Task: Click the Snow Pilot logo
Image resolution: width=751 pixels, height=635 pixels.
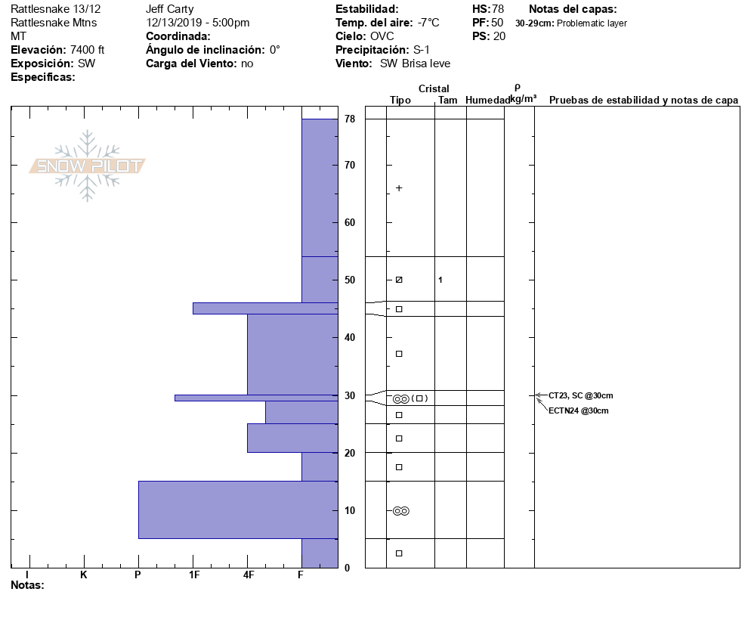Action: tap(87, 166)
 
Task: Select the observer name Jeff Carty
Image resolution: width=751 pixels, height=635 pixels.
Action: tap(170, 9)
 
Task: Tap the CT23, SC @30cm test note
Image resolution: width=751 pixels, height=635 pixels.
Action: tap(581, 395)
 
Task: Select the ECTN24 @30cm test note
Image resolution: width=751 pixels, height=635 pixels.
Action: tap(578, 410)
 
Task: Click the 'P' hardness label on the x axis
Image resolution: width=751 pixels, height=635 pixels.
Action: tap(138, 575)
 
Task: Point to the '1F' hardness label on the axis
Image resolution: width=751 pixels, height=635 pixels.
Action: tap(194, 575)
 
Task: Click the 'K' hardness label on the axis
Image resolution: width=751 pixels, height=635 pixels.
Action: tap(83, 575)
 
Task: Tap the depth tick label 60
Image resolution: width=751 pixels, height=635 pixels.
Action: tap(350, 222)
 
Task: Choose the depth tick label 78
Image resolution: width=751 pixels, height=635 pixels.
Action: tap(350, 119)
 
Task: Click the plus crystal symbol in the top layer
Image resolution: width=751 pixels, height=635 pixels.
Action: tap(399, 187)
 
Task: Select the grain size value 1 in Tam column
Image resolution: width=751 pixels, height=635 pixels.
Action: tap(440, 280)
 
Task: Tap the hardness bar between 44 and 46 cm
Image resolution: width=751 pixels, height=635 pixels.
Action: tap(264, 308)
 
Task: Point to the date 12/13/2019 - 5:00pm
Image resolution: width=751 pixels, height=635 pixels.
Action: tap(198, 23)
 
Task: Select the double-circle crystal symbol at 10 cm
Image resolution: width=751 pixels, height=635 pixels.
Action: tap(401, 511)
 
